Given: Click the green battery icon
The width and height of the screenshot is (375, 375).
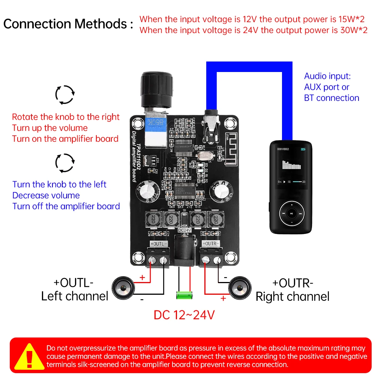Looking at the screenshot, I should coord(184,295).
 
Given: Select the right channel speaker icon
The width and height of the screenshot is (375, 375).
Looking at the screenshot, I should coord(239,288).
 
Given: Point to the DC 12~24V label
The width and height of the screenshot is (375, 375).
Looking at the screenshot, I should coord(184,315).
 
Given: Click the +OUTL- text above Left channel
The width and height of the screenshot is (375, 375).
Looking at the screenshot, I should coord(73,282).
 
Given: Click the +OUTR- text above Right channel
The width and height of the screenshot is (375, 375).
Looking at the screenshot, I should coord(292,282).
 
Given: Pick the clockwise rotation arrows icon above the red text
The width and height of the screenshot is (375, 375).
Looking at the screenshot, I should coord(65,94).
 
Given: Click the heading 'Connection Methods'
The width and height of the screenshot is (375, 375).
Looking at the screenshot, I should coord(68,24).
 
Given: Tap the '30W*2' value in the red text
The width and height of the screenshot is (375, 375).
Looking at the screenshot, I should coord(350,30).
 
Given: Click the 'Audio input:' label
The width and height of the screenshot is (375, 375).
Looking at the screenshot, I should coord(327,76).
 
